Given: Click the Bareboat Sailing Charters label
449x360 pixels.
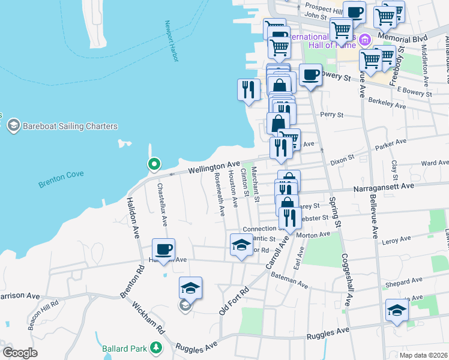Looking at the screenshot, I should (70, 126).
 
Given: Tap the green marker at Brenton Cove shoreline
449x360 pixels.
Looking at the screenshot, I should (154, 164).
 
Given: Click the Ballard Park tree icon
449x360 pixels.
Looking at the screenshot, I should (156, 347).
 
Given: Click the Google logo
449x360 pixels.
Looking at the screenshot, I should (20, 353).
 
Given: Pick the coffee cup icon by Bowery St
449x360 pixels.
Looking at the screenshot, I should (310, 75).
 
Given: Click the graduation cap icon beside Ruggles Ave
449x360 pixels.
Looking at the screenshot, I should (397, 310).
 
